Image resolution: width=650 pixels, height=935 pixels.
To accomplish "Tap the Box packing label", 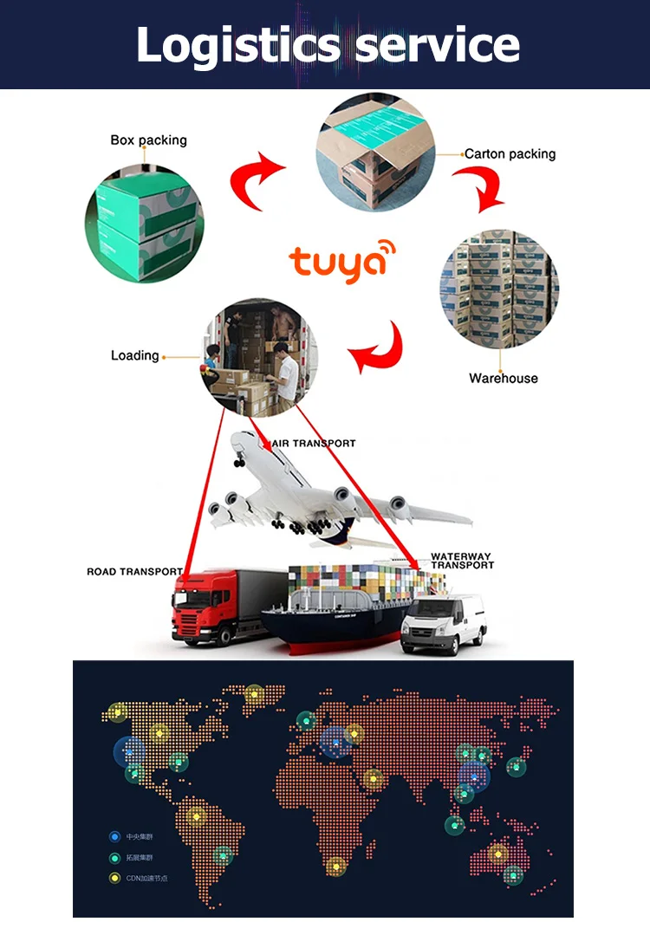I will coord(148,140).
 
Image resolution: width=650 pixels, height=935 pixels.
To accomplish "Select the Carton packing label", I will coord(510,154).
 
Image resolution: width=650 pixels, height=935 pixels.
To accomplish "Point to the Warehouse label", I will coord(503,378).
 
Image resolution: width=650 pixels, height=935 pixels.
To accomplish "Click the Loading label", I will coord(134,355).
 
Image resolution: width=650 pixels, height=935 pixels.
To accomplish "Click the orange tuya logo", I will coord(341,263).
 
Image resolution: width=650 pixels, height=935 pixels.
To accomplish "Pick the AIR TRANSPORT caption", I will coord(314,443).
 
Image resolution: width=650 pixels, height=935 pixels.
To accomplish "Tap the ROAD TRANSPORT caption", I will coord(134,572).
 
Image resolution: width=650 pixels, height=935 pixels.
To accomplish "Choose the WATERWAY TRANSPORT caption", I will coord(462,561).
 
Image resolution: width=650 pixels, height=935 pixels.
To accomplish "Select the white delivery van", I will coord(443,622).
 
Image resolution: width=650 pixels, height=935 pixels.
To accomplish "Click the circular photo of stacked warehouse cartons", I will coord(499,289).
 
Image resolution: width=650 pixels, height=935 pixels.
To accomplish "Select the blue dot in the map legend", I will coord(114,836).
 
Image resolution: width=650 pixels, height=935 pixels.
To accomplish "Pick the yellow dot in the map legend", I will coord(114,878).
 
